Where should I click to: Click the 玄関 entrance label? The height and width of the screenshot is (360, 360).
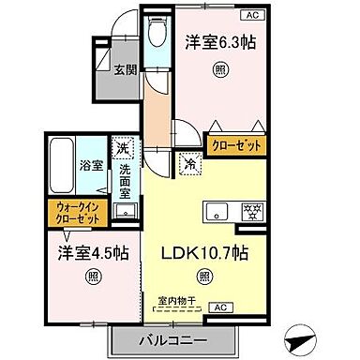click(x=126, y=68)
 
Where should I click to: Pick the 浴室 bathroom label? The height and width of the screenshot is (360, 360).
click(x=91, y=164)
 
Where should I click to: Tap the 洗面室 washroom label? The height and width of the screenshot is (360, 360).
click(x=125, y=180)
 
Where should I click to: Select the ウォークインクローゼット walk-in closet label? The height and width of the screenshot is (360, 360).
click(x=75, y=213)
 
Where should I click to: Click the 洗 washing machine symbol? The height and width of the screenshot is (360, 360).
click(x=123, y=148)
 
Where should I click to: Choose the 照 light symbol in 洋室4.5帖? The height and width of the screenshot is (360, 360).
click(x=94, y=276)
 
